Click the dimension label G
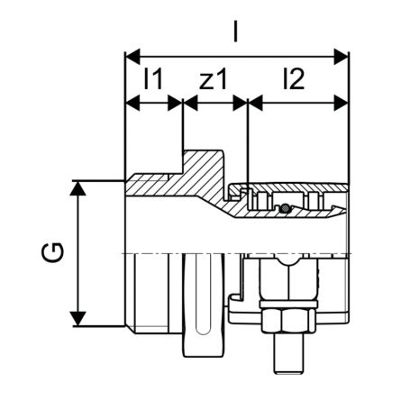tap(52, 252)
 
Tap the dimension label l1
tap(153, 79)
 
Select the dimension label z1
tap(213, 79)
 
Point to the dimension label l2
tap(294, 79)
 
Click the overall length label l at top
tap(236, 32)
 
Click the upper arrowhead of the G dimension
tap(77, 188)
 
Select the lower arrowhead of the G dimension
tap(77, 319)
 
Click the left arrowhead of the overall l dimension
tap(132, 57)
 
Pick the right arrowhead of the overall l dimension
tap(342, 57)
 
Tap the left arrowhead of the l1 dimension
tap(132, 104)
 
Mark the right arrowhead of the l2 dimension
tap(342, 104)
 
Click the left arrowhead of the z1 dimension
tap(190, 104)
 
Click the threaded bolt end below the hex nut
tap(288, 353)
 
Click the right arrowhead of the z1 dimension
tap(240, 104)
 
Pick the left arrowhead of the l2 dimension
tap(256, 104)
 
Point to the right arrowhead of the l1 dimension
tap(175, 104)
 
